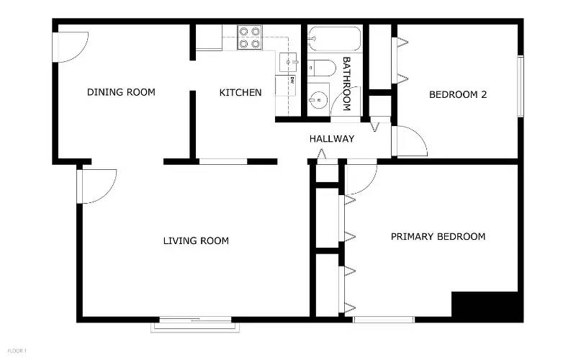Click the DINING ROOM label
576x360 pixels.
[121, 92]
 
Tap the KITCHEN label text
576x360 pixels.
[240, 92]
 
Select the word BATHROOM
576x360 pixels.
[346, 84]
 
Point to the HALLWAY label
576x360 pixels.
[332, 138]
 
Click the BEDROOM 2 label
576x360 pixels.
[458, 94]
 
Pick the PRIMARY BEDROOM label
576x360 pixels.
[438, 236]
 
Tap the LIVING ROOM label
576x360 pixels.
[196, 240]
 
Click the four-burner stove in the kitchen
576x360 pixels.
[249, 37]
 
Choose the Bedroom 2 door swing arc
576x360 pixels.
[409, 141]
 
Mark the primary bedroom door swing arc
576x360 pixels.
[361, 177]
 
